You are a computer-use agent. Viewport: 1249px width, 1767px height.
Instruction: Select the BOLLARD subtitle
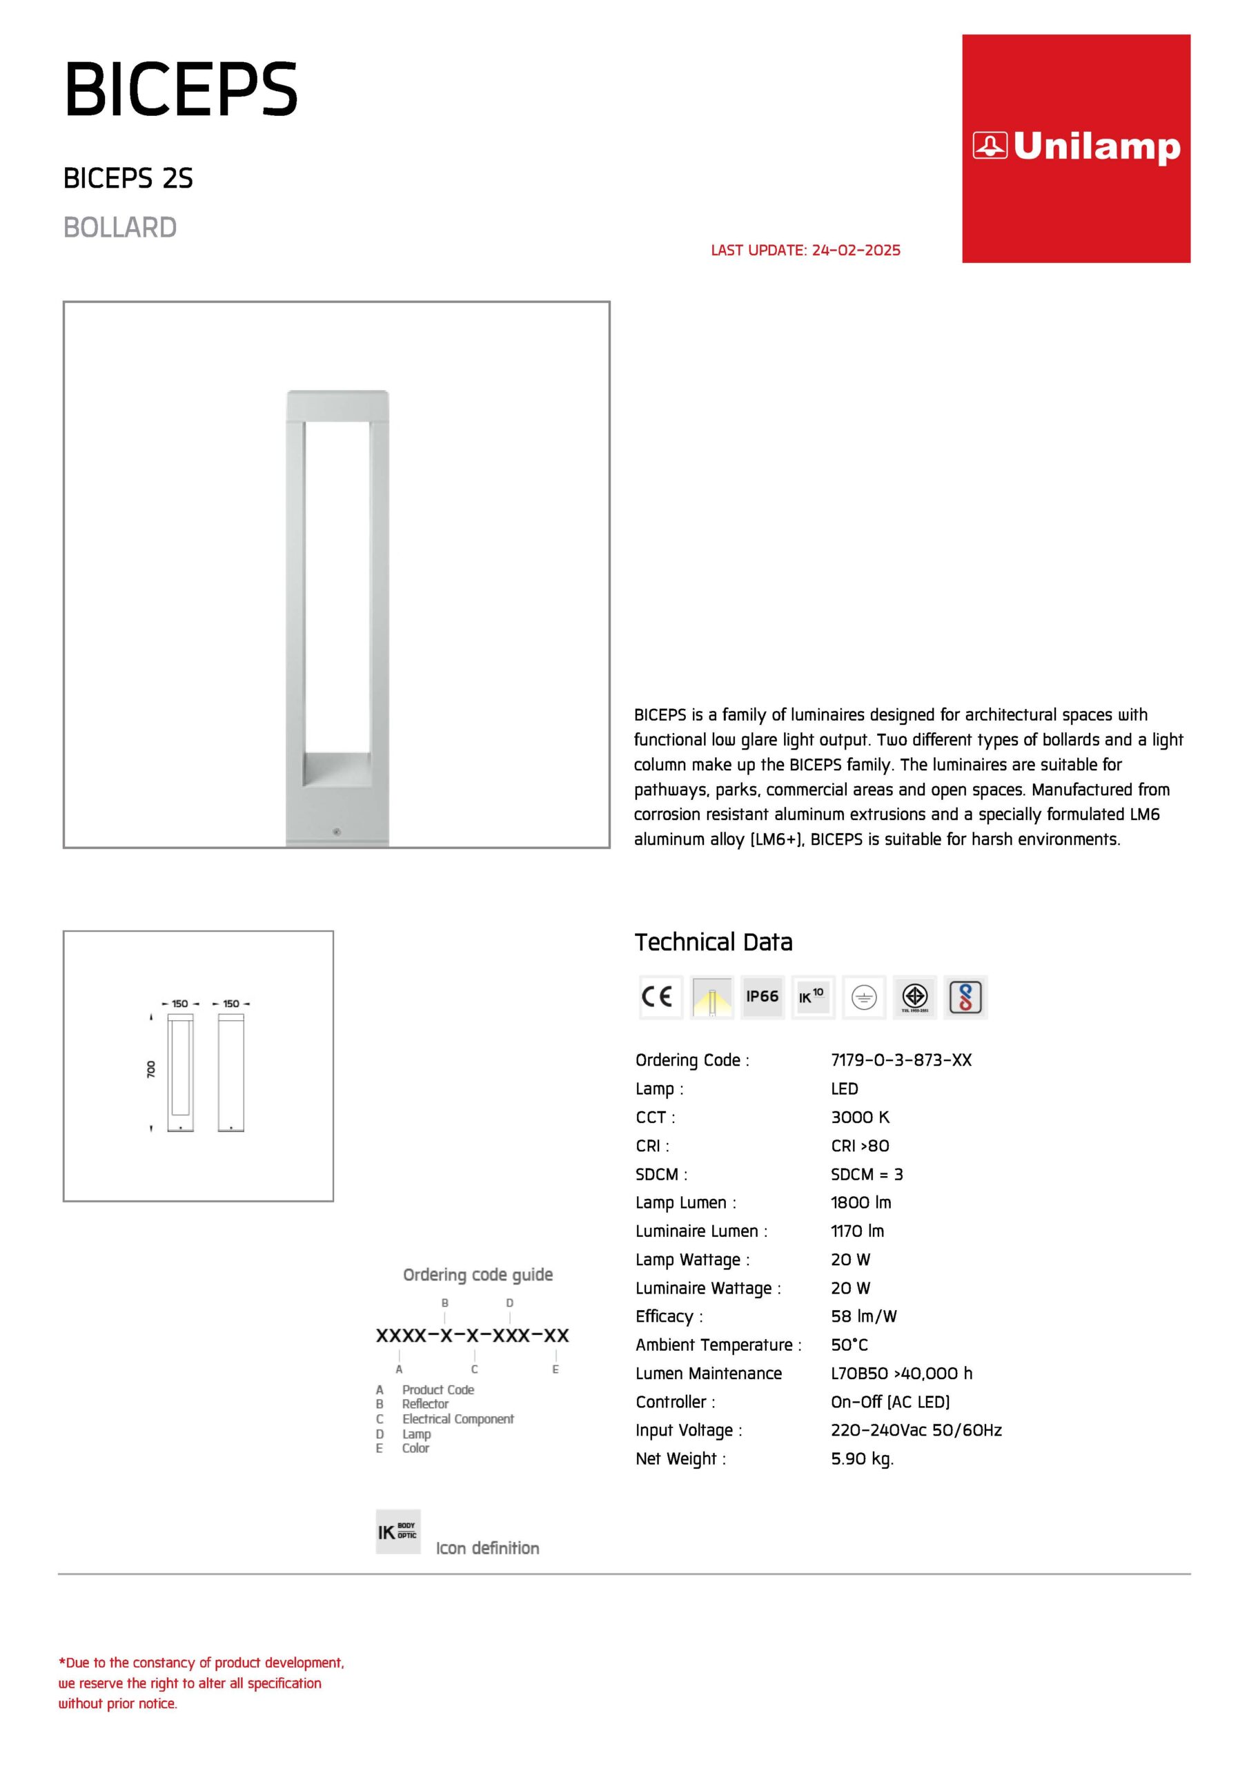120,228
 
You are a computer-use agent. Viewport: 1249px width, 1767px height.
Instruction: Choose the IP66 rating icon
762,997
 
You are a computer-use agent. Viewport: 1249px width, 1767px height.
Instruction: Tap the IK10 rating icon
813,997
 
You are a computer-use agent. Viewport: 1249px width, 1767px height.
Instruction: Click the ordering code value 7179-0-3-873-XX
901,1060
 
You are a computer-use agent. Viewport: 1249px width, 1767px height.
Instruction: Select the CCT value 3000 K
860,1117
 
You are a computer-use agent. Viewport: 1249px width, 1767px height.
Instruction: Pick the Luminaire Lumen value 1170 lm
856,1231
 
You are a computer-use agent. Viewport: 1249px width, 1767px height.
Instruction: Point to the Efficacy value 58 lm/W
863,1316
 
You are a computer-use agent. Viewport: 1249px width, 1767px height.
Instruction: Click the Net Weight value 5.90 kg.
862,1458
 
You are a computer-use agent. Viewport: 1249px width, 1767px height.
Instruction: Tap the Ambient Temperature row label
718,1345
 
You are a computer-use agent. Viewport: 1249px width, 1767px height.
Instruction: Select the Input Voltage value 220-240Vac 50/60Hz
916,1430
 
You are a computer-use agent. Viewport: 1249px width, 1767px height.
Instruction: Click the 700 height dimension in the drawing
151,1069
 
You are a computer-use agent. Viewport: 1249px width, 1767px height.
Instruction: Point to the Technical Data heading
713,942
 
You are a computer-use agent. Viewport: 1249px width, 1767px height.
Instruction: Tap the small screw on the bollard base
336,832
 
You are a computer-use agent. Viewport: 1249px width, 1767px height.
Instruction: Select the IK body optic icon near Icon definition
398,1532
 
